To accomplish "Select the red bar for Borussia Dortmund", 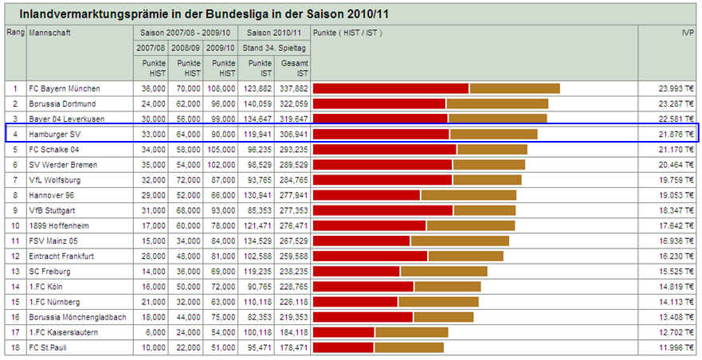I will pyautogui.click(x=378, y=104).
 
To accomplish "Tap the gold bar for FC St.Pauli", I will pyautogui.click(x=409, y=347).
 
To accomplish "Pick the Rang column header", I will pyautogui.click(x=15, y=33).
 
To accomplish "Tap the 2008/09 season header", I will pyautogui.click(x=186, y=48).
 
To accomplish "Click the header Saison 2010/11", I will pyautogui.click(x=274, y=33).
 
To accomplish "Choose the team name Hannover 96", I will pyautogui.click(x=51, y=195).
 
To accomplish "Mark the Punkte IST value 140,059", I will pyautogui.click(x=257, y=104).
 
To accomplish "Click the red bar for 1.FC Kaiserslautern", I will pyautogui.click(x=343, y=332).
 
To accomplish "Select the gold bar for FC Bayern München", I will pyautogui.click(x=515, y=88).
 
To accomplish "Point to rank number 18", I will pyautogui.click(x=15, y=347).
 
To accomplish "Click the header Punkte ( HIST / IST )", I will pyautogui.click(x=348, y=33).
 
